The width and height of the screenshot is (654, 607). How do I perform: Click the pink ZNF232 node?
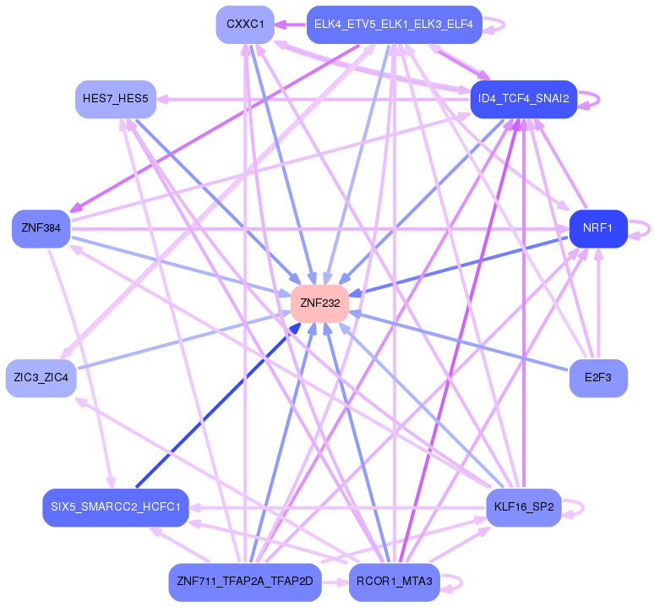pyautogui.click(x=319, y=303)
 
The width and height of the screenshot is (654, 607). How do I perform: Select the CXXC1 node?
pyautogui.click(x=245, y=25)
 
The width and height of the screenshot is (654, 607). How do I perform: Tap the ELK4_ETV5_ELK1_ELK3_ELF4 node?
pyautogui.click(x=394, y=25)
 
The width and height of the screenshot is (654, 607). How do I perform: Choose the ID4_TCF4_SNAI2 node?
pyautogui.click(x=523, y=99)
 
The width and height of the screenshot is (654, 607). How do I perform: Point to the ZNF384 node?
pyautogui.click(x=41, y=228)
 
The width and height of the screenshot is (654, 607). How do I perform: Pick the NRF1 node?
pyautogui.click(x=597, y=228)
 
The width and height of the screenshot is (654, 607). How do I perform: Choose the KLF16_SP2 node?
pyautogui.click(x=523, y=506)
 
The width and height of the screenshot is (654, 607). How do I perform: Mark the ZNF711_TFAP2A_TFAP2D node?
pyautogui.click(x=245, y=582)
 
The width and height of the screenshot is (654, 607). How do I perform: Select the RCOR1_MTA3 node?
pyautogui.click(x=394, y=582)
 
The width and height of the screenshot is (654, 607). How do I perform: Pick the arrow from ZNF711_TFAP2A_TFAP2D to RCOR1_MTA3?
pyautogui.click(x=335, y=582)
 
